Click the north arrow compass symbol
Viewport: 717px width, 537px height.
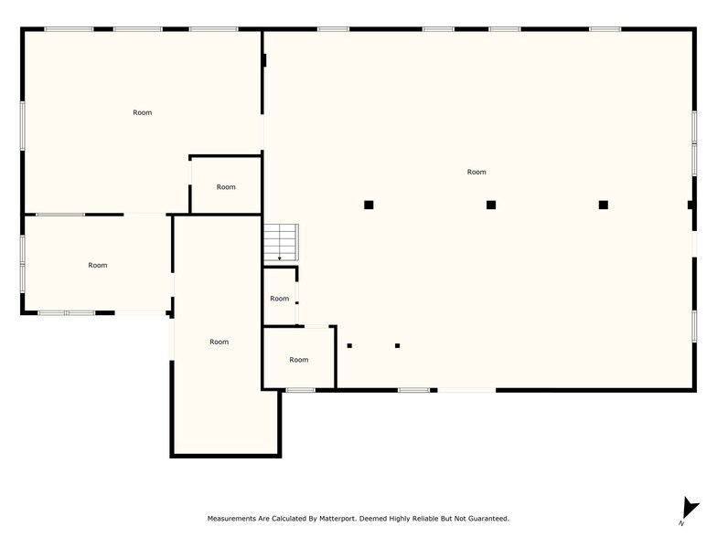coord(690,508)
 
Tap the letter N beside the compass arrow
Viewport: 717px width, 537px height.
coord(681,523)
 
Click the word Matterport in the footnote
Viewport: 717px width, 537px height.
coord(337,519)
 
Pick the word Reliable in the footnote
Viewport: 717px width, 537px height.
coord(425,519)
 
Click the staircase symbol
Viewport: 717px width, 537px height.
coord(282,243)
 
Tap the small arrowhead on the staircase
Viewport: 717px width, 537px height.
coord(280,258)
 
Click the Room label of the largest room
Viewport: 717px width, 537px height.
coord(476,172)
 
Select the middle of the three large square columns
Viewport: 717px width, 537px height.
coord(491,205)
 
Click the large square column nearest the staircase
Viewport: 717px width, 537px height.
coord(369,205)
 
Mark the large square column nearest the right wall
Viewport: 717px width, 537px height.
coord(604,205)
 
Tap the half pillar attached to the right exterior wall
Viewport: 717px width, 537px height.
coord(690,205)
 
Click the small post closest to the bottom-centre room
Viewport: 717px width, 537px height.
coord(349,345)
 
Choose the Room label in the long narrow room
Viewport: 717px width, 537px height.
coord(219,342)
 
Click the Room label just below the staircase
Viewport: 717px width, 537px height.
coord(280,299)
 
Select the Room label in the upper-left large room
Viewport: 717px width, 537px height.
coord(143,113)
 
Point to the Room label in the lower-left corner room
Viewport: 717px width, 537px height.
coord(98,265)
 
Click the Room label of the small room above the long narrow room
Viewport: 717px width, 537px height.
coord(226,187)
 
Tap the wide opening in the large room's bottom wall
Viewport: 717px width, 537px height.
coord(466,391)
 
